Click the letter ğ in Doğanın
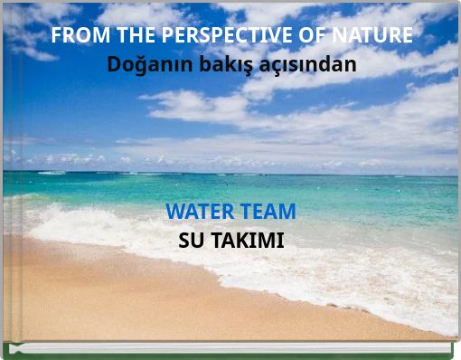(135, 68)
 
